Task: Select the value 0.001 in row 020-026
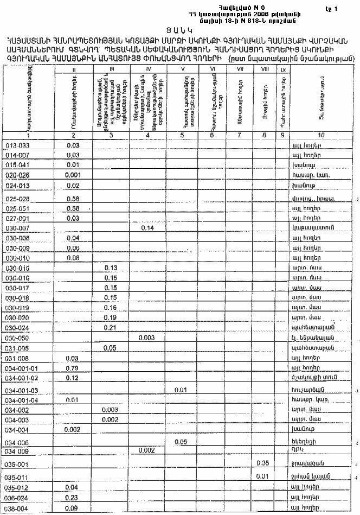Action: [x=73, y=175]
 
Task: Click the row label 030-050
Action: [x=19, y=338]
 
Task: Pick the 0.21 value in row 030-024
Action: [x=111, y=328]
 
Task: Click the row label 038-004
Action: [x=19, y=509]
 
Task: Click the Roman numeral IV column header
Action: [x=147, y=69]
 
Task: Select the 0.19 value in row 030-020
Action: [x=111, y=317]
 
